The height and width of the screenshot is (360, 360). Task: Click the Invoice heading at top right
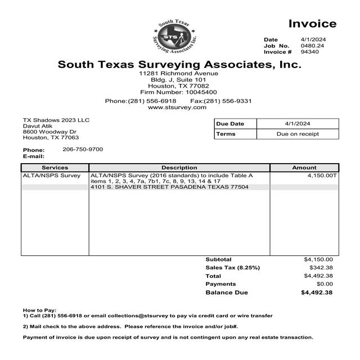312,24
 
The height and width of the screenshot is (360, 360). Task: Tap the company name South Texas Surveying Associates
179,65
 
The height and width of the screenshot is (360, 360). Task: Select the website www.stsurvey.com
177,107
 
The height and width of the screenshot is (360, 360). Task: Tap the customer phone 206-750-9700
83,149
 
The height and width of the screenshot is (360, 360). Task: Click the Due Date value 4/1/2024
298,124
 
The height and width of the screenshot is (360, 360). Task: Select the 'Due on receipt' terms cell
298,134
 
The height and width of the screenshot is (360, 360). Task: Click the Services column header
55,168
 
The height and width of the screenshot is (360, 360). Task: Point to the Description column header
179,168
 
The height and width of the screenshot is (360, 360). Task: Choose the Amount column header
304,168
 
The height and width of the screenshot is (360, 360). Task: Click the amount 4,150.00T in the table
322,176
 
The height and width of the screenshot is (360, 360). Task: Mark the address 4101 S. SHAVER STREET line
169,187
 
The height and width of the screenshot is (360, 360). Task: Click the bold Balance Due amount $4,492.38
317,292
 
